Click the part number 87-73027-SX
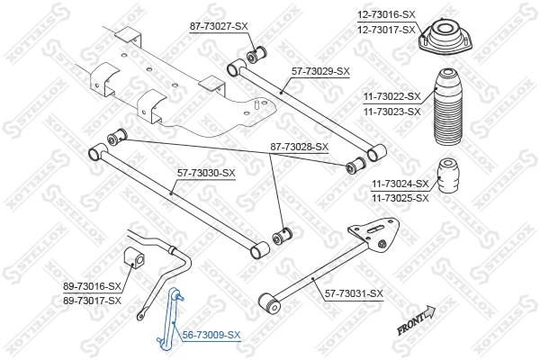[219, 27]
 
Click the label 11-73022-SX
[390, 95]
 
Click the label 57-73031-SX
[352, 293]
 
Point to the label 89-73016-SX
[92, 285]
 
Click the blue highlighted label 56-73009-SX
[211, 335]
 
